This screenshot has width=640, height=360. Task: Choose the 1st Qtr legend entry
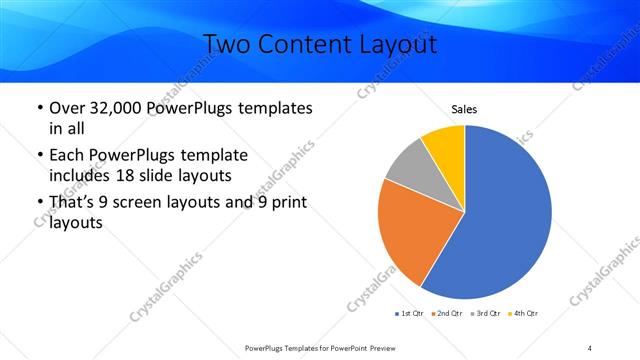point(410,314)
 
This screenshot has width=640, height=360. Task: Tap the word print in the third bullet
point(283,203)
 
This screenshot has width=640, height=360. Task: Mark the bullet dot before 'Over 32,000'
point(38,108)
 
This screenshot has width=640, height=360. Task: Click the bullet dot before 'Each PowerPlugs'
point(38,155)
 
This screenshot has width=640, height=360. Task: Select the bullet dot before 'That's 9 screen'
point(38,203)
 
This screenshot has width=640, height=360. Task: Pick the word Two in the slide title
point(228,45)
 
